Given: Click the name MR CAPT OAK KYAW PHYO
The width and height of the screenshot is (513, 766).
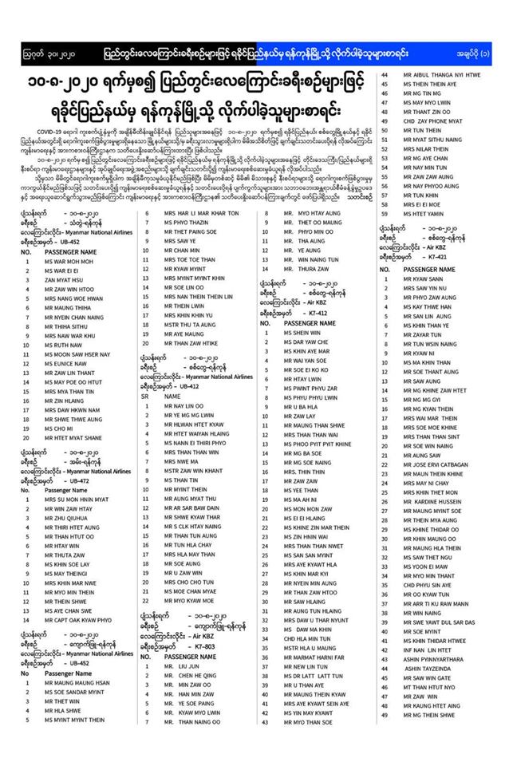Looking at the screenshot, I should point(68,620).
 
